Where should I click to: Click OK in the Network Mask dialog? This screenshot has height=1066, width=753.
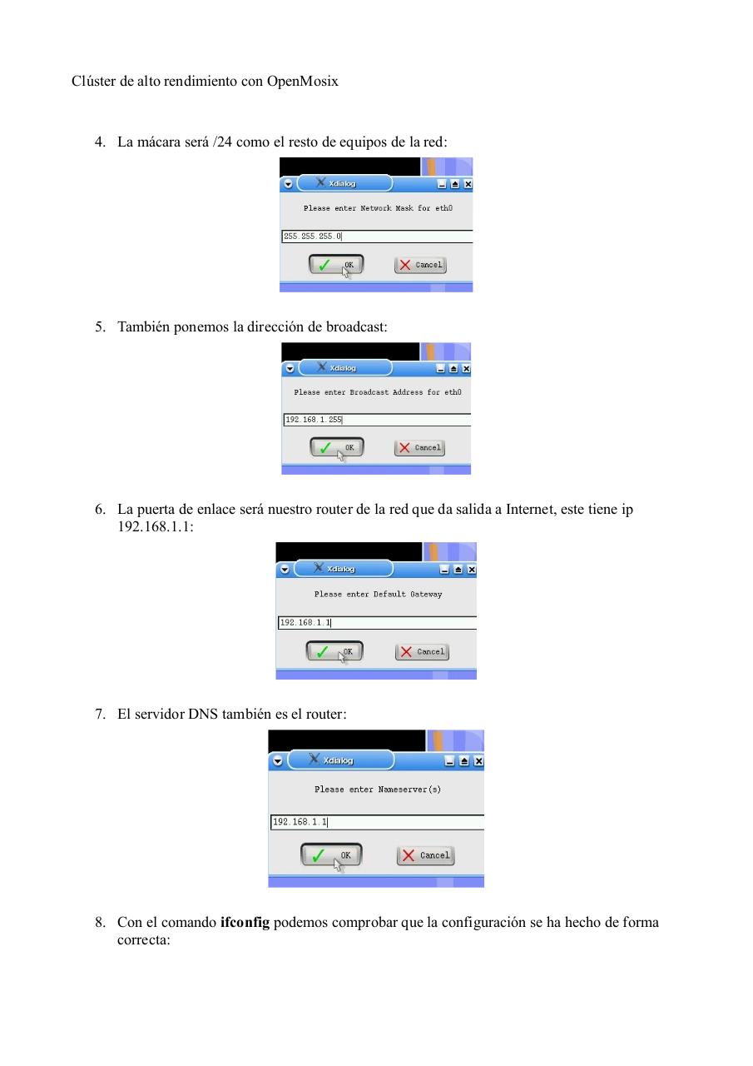click(x=336, y=265)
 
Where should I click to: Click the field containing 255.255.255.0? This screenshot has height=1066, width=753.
click(x=377, y=237)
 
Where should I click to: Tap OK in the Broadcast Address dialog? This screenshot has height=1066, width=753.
click(x=337, y=447)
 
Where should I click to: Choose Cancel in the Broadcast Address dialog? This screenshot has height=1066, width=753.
click(x=419, y=447)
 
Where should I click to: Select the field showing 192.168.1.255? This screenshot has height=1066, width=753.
click(x=377, y=420)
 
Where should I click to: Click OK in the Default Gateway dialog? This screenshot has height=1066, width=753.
click(x=334, y=651)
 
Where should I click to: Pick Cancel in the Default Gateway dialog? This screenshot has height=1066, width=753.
click(x=422, y=651)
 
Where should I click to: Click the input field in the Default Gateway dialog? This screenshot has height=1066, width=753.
click(x=377, y=622)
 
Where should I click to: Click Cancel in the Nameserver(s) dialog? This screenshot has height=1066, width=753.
click(x=425, y=855)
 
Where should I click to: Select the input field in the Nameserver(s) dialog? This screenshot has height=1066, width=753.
click(x=377, y=822)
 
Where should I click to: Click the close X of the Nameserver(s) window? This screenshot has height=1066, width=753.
click(x=478, y=761)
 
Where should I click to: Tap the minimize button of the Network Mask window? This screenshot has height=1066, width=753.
click(x=443, y=184)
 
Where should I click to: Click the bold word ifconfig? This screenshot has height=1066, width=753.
click(x=245, y=923)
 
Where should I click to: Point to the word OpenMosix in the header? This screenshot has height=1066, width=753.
click(x=303, y=82)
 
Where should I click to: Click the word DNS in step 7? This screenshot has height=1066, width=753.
click(x=203, y=714)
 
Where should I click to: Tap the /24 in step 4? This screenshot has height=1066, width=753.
click(x=222, y=142)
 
